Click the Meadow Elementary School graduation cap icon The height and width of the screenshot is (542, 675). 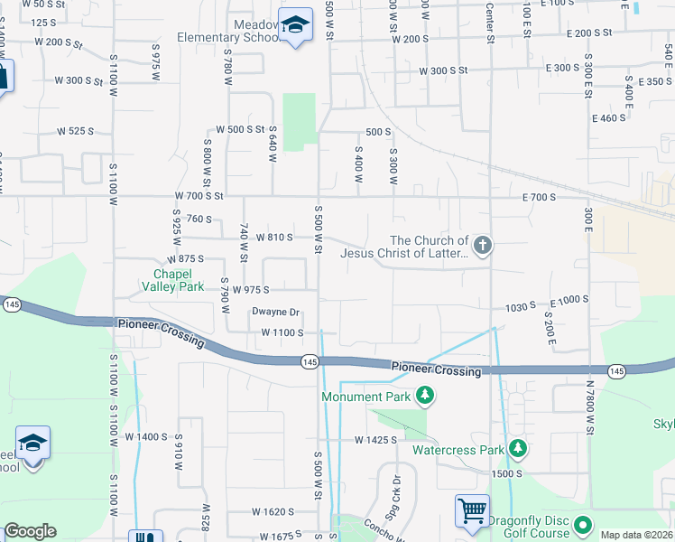(294, 25)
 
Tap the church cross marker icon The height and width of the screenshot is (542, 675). (483, 245)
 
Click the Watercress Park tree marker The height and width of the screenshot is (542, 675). (517, 448)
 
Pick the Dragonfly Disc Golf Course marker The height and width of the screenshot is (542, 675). (582, 524)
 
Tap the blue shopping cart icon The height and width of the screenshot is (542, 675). (472, 511)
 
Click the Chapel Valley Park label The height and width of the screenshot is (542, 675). (173, 279)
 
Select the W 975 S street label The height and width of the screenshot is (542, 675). (250, 290)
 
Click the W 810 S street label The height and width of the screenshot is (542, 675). (274, 238)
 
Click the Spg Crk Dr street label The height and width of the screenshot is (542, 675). (395, 492)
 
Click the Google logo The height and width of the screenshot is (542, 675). (30, 531)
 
